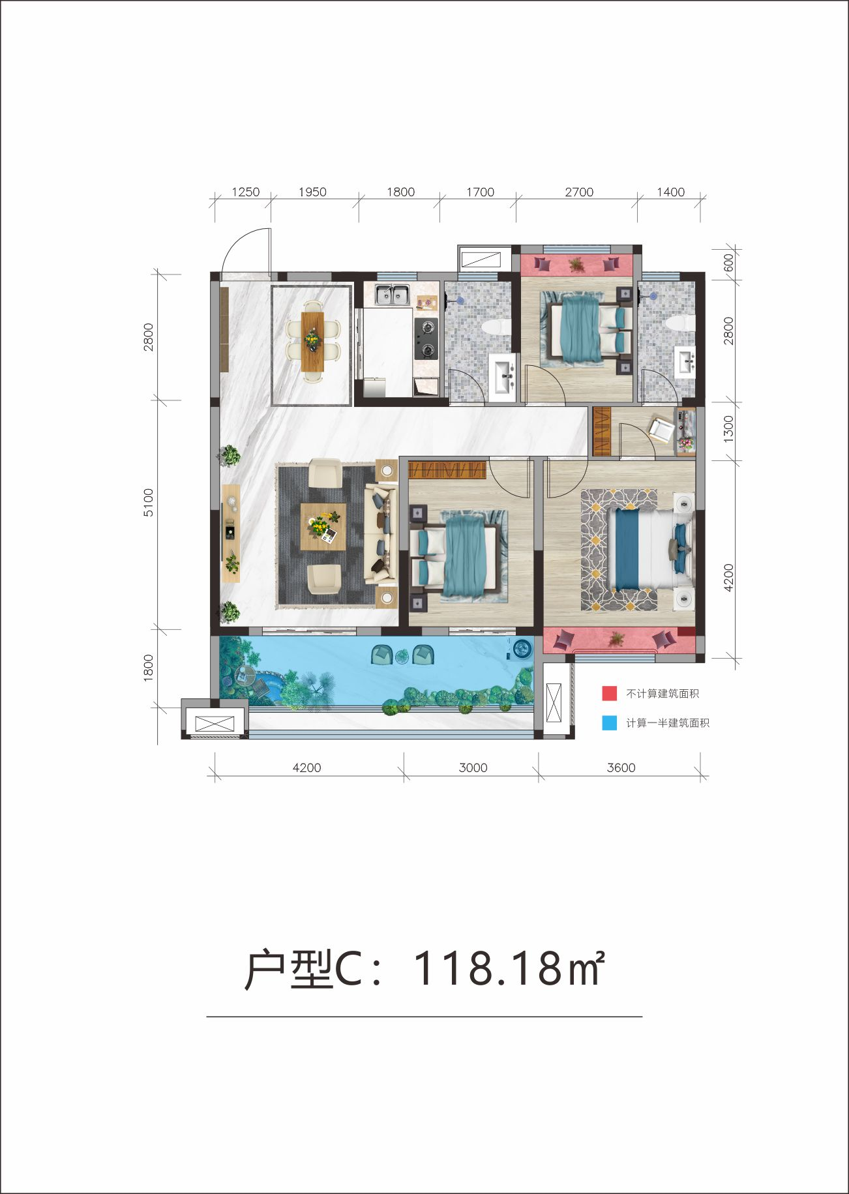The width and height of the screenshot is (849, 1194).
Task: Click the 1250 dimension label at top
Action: pos(246,192)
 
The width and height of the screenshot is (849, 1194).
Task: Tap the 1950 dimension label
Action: pos(312,192)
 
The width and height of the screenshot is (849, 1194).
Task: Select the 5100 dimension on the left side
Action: pos(149,503)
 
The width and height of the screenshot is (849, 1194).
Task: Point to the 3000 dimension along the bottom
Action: pos(473,768)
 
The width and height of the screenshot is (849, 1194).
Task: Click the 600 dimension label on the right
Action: pos(728,262)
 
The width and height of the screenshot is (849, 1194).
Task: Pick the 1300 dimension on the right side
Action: pos(728,429)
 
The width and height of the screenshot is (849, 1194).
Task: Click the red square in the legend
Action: pos(609,693)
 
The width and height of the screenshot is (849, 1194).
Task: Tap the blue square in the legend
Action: pos(609,723)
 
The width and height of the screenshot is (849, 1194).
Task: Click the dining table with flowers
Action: pos(313,342)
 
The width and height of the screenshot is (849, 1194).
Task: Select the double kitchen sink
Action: pos(393,295)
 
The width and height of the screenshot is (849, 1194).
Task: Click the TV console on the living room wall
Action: pos(231,533)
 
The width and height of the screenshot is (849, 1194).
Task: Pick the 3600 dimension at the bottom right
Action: pos(621,768)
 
